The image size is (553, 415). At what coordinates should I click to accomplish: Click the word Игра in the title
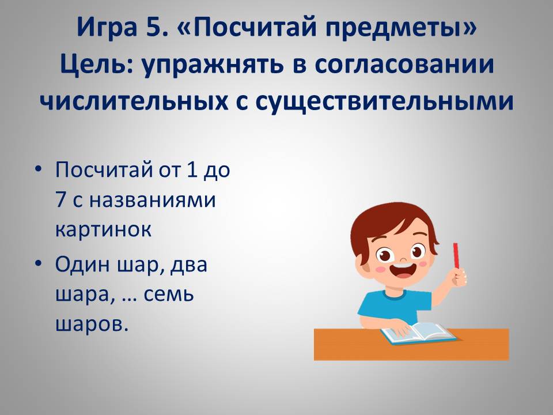tap(107, 27)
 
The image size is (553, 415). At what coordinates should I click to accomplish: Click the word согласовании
tap(404, 65)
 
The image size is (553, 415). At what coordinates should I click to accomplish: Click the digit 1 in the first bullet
tap(191, 169)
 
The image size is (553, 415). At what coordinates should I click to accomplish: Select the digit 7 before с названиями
tap(60, 199)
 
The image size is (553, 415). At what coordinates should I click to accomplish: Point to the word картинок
tap(103, 229)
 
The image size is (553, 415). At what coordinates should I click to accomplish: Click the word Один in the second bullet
tap(83, 265)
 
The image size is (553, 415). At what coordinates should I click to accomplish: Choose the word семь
tap(169, 295)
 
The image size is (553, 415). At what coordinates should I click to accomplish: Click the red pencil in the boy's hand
tap(456, 255)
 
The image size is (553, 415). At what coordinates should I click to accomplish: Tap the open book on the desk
tap(418, 333)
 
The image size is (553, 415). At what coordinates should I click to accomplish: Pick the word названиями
tap(152, 200)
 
